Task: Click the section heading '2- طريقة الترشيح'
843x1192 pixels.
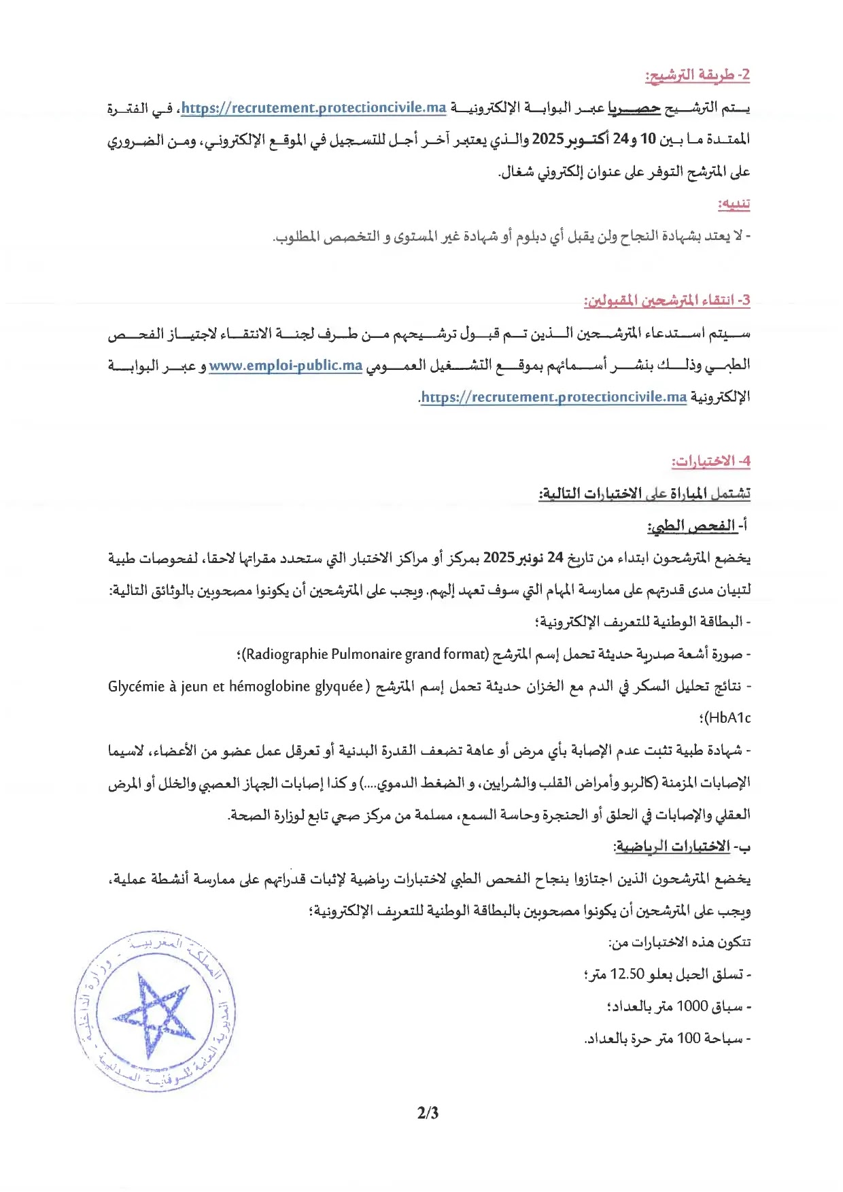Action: pyautogui.click(x=697, y=75)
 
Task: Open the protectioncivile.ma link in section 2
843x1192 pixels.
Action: pyautogui.click(x=313, y=107)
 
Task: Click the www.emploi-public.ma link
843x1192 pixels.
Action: pyautogui.click(x=286, y=365)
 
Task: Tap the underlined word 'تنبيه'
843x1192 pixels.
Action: pyautogui.click(x=734, y=203)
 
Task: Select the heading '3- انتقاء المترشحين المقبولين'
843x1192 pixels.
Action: pyautogui.click(x=667, y=300)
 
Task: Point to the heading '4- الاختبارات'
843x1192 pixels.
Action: pyautogui.click(x=711, y=461)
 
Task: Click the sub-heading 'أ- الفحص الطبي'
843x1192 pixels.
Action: pyautogui.click(x=698, y=526)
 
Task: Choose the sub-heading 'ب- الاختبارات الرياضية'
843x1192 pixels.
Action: pyautogui.click(x=682, y=847)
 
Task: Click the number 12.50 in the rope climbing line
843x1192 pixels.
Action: pyautogui.click(x=627, y=974)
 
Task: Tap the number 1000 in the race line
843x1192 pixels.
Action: pyautogui.click(x=692, y=1006)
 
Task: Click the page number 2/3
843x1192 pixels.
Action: pyautogui.click(x=428, y=1112)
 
